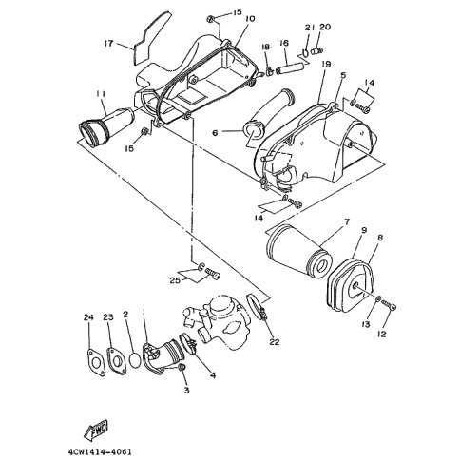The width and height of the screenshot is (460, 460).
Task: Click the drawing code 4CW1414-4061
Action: (100, 451)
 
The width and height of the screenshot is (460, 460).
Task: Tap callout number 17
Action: (108, 43)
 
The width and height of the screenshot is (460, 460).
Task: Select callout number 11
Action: (102, 94)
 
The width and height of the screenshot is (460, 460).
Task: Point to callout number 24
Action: (88, 317)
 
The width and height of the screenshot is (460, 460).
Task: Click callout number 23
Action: (108, 317)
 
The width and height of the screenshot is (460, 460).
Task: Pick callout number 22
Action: (275, 342)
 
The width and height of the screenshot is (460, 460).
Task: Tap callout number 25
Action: (175, 280)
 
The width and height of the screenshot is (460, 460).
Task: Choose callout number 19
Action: (326, 65)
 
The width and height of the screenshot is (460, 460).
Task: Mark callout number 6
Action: (215, 133)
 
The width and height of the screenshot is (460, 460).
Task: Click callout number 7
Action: (347, 221)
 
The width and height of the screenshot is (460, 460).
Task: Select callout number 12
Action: (382, 334)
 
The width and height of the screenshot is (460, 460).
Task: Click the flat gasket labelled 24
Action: (97, 362)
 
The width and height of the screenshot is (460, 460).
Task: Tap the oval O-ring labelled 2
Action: (135, 360)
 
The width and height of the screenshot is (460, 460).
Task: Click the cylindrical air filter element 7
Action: (298, 253)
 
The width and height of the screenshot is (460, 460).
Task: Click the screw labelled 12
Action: (389, 305)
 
